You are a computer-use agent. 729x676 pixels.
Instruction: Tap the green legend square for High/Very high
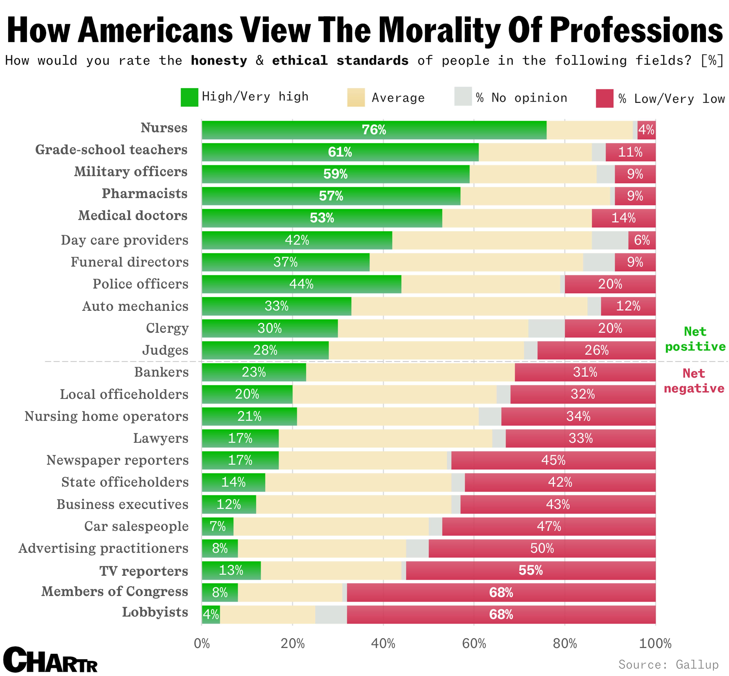(189, 97)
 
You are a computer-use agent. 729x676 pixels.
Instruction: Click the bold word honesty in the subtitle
(219, 61)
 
